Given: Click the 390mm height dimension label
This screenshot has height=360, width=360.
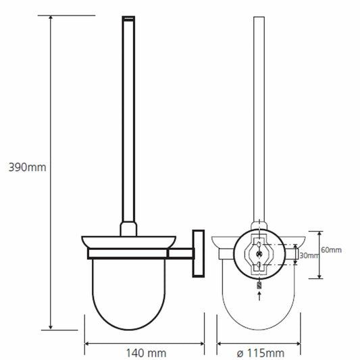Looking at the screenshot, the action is point(27,167).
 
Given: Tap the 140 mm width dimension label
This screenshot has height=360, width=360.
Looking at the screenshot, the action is point(147,353).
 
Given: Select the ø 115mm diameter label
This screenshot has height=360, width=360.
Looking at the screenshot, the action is point(261,353).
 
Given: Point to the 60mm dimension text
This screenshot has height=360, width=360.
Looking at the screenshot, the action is point(331,250).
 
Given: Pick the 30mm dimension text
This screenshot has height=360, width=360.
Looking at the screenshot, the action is point(309,255).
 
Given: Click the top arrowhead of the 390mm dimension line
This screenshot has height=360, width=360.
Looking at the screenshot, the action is point(51,18).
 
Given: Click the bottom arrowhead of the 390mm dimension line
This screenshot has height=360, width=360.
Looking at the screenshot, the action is point(51,327).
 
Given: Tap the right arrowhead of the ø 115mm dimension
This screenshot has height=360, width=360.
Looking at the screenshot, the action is point(298,344).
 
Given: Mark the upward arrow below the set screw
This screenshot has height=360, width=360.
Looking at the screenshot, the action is point(259,296).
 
